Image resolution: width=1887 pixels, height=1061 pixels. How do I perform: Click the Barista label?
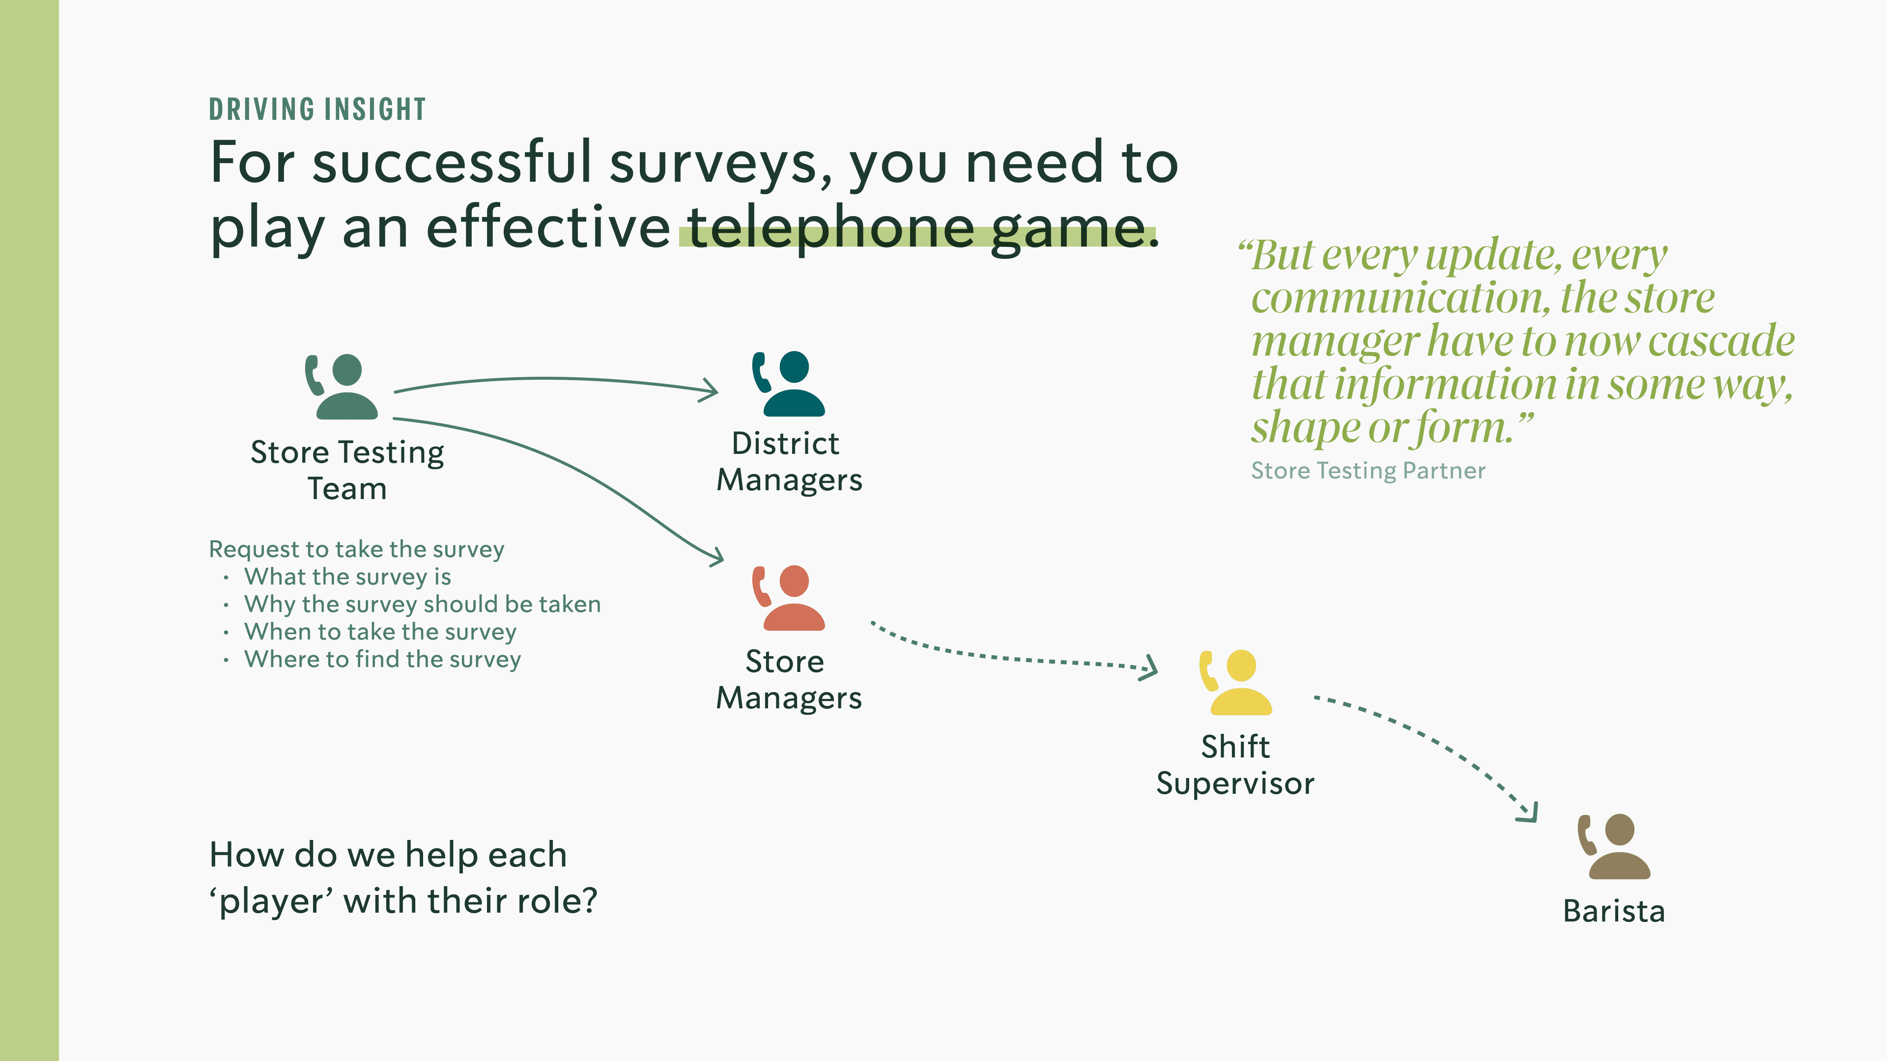point(1614,911)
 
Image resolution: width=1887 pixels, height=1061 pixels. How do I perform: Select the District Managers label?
point(789,461)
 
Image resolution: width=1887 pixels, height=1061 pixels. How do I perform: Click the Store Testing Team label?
point(347,470)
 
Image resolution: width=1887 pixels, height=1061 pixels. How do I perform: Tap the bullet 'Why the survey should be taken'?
point(422,604)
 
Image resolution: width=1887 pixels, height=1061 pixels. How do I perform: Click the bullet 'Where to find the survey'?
point(382,659)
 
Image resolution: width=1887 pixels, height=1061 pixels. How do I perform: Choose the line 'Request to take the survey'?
point(357,549)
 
